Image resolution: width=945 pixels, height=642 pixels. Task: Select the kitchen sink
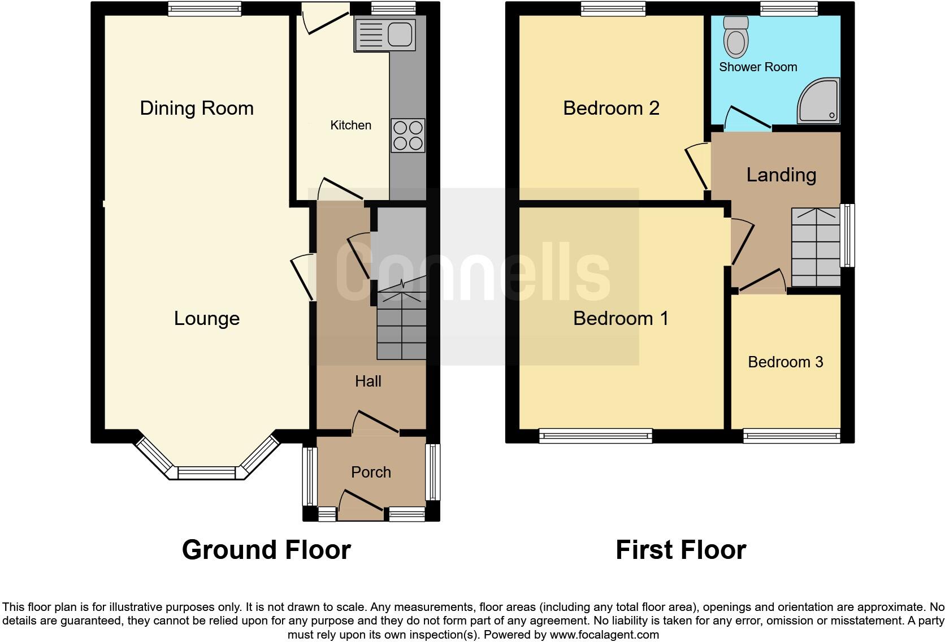click(x=385, y=34)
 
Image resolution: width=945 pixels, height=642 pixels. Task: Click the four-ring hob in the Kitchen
click(x=408, y=136)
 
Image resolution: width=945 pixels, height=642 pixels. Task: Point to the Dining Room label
click(x=197, y=108)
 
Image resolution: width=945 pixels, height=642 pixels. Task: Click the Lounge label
click(x=207, y=318)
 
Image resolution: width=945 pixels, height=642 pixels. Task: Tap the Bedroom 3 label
click(x=785, y=362)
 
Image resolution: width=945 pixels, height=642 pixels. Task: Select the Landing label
click(x=781, y=175)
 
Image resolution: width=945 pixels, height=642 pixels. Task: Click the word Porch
click(x=371, y=472)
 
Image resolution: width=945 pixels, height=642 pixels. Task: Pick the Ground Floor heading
click(x=266, y=549)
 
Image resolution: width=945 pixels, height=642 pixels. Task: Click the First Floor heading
click(x=680, y=549)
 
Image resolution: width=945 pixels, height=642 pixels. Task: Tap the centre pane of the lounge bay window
click(x=206, y=473)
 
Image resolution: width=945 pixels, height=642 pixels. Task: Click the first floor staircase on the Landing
click(x=816, y=248)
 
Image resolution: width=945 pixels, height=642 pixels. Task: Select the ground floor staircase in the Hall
click(x=401, y=325)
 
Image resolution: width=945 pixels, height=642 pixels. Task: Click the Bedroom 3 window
click(x=791, y=436)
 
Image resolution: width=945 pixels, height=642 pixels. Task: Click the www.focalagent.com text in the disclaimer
click(x=604, y=635)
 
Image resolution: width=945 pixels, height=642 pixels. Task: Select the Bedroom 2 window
click(x=613, y=8)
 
